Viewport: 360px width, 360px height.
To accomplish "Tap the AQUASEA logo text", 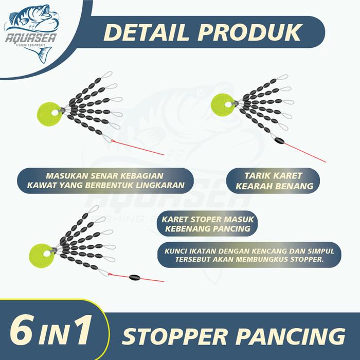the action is (31, 38).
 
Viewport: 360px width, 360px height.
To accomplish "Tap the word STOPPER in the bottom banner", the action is (174, 337).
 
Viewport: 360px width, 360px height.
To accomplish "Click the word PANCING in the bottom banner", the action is (290, 337).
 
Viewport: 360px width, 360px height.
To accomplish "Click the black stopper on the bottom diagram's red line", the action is (135, 277).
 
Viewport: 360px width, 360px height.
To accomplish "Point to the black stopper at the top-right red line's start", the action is (279, 140).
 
